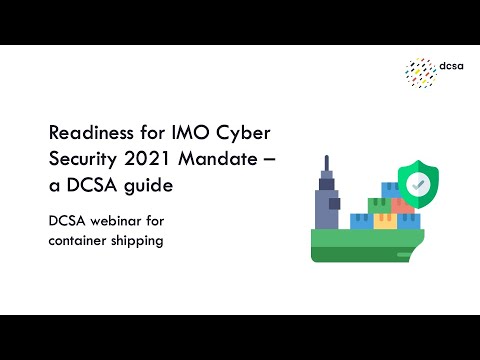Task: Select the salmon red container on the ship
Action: coord(403,205)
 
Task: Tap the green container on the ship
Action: coord(379,206)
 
